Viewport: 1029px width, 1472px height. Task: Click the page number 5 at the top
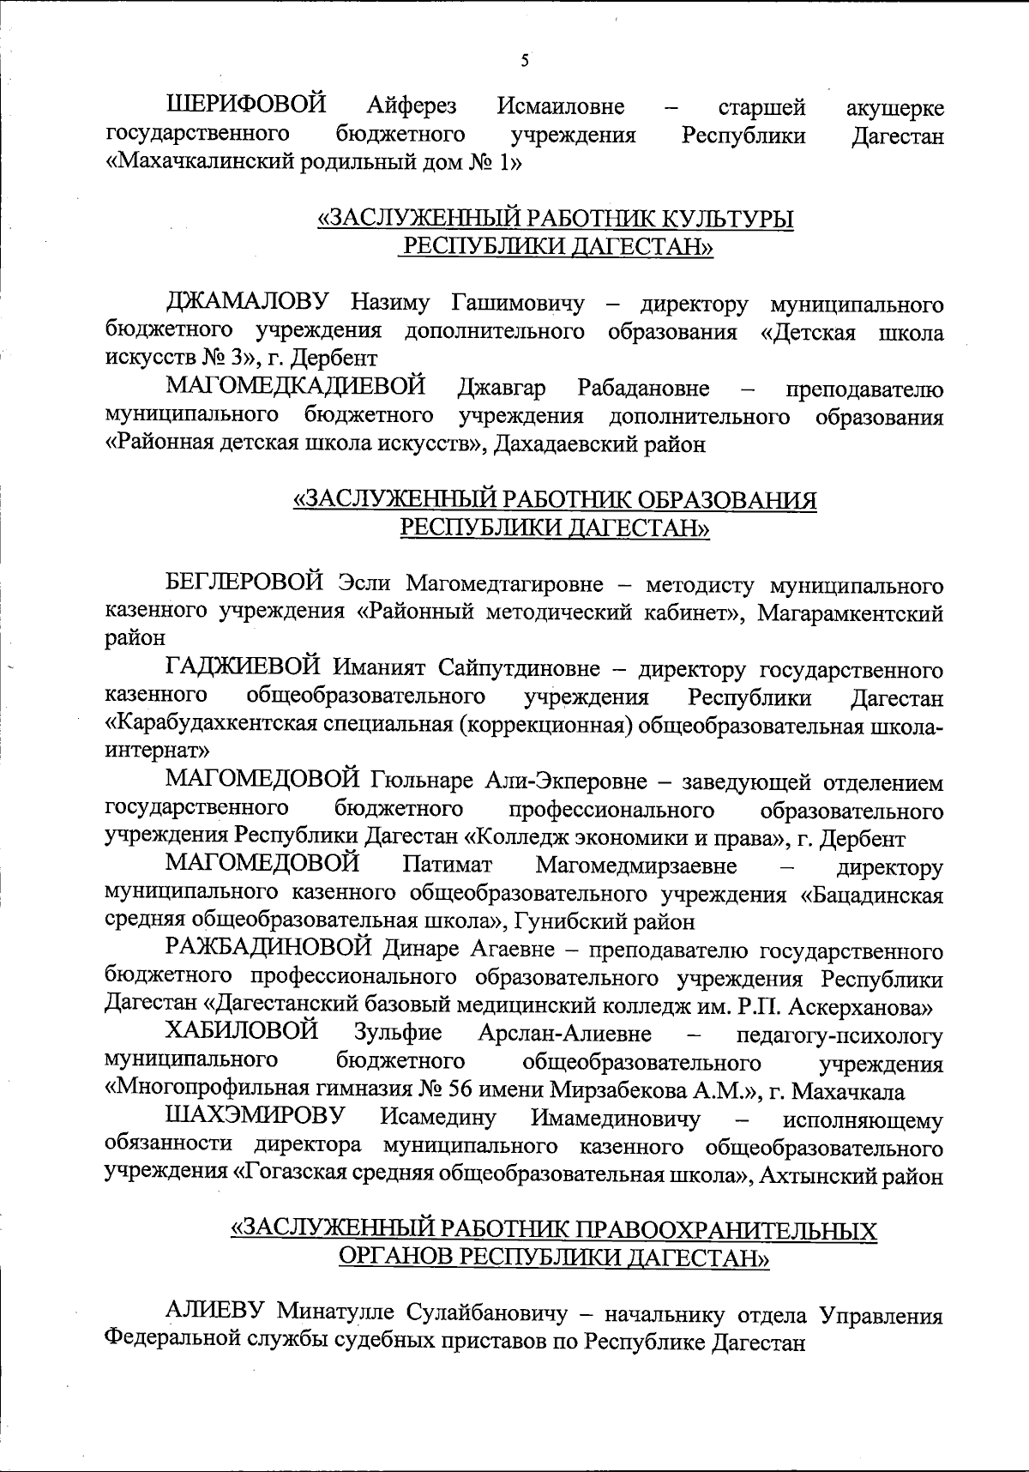tap(525, 61)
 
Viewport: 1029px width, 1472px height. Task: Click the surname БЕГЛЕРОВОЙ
tap(244, 585)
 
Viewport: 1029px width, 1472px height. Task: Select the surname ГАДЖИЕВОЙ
tap(244, 668)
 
